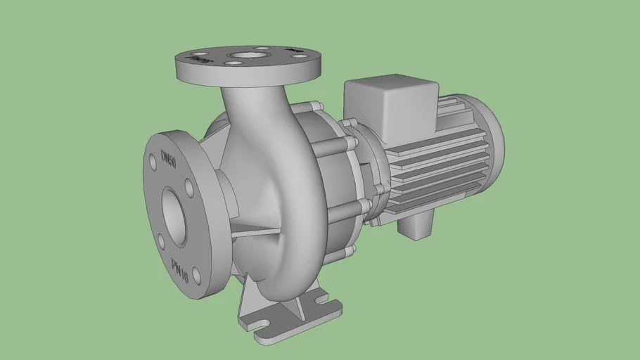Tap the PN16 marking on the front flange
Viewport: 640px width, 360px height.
[x=180, y=268]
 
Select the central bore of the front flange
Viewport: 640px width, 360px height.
[x=174, y=215]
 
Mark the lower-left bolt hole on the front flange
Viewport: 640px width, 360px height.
[x=162, y=241]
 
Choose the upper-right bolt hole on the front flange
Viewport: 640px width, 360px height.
[x=188, y=186]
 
